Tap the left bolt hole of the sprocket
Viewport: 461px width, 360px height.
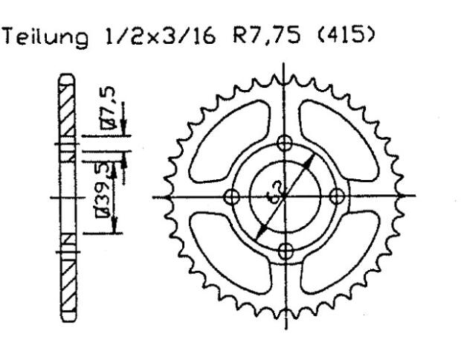click(231, 196)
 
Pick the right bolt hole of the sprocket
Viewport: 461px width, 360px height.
click(336, 196)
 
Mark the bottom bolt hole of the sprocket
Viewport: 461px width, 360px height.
click(283, 248)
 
